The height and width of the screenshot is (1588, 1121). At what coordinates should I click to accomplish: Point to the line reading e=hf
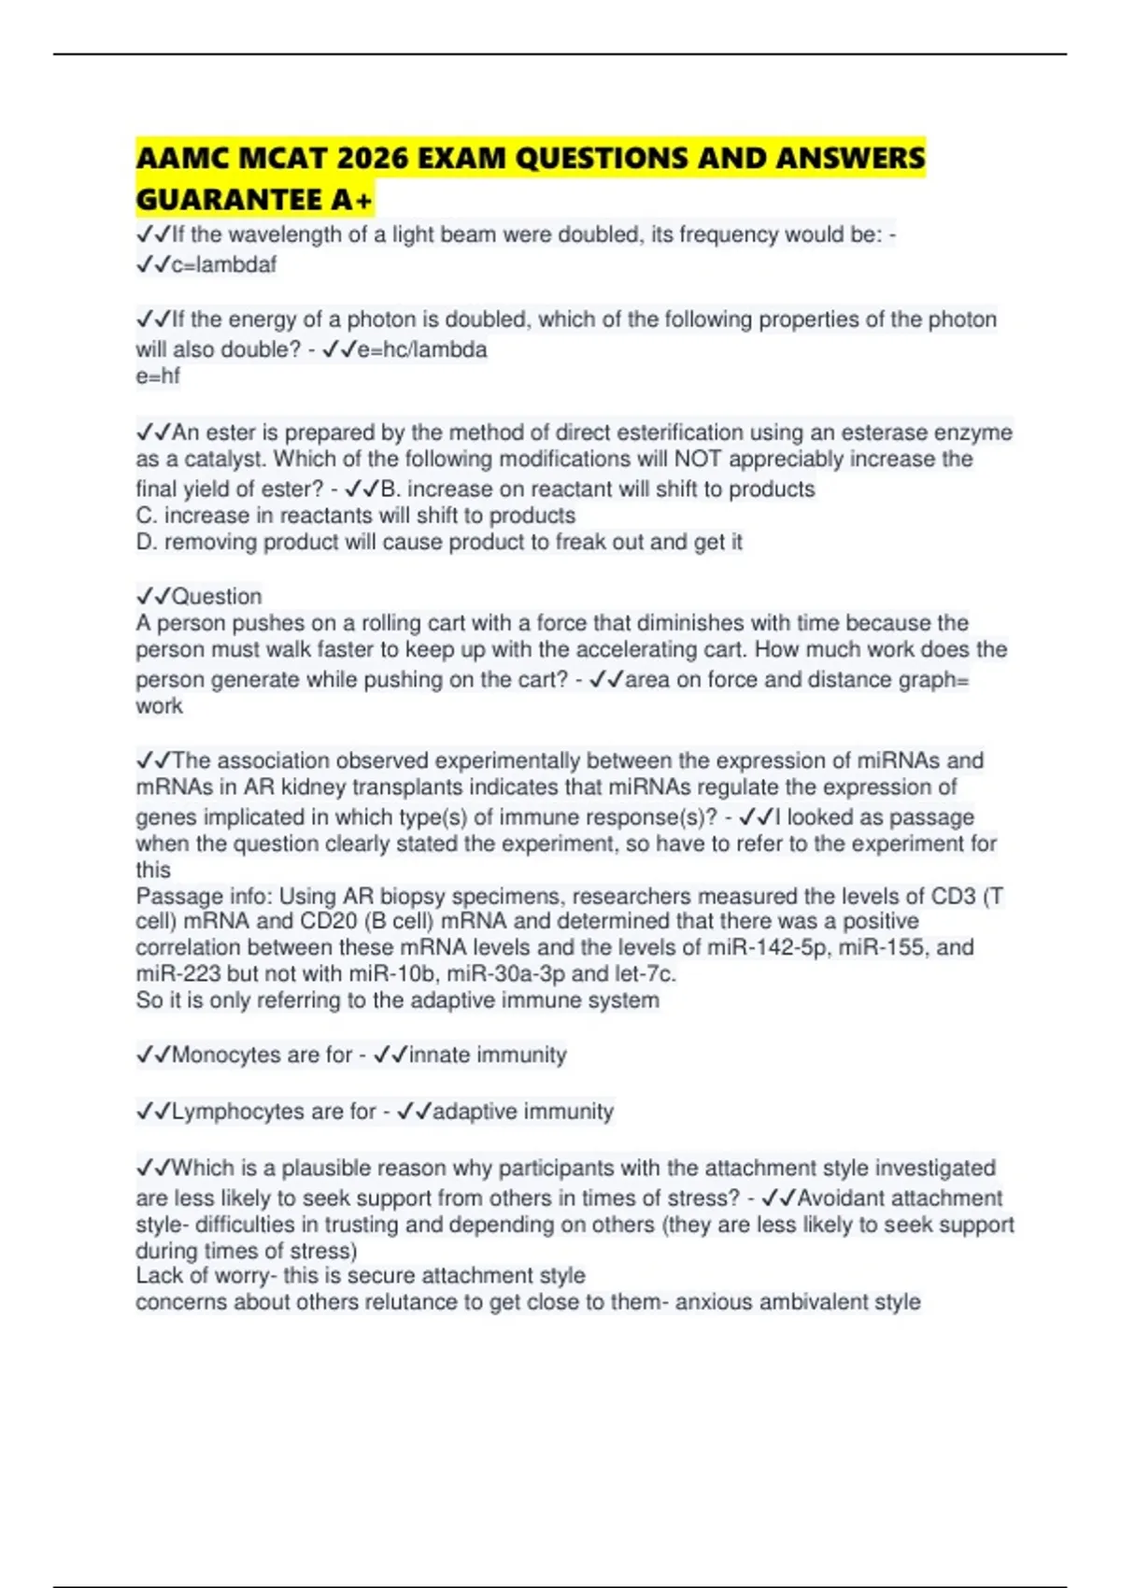pos(158,376)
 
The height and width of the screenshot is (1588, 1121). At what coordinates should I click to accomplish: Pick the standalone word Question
pos(217,596)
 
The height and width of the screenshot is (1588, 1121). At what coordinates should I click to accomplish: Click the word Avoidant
pos(840,1198)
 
